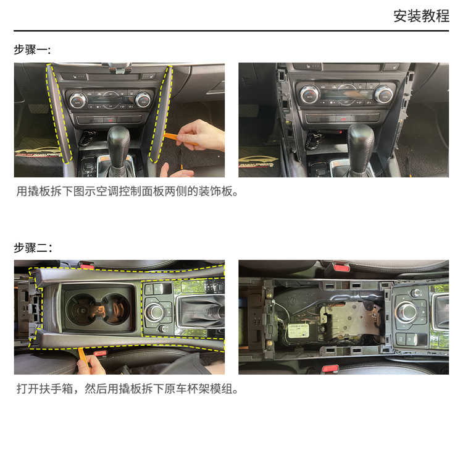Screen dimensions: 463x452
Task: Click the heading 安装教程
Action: point(422,16)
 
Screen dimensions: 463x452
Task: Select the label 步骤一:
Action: point(32,49)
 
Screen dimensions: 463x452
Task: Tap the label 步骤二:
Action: point(33,247)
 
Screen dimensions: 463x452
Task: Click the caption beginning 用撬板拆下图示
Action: point(127,192)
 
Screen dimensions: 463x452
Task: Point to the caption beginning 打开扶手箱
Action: point(127,389)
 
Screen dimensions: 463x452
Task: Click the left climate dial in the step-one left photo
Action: point(78,101)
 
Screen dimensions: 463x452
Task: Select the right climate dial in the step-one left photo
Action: point(143,100)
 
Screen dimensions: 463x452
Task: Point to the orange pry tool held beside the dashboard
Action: point(180,139)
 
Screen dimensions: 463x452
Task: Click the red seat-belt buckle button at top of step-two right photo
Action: point(341,267)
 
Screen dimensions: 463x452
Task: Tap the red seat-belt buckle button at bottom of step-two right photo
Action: point(330,369)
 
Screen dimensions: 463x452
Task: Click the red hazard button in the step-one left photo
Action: point(110,120)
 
